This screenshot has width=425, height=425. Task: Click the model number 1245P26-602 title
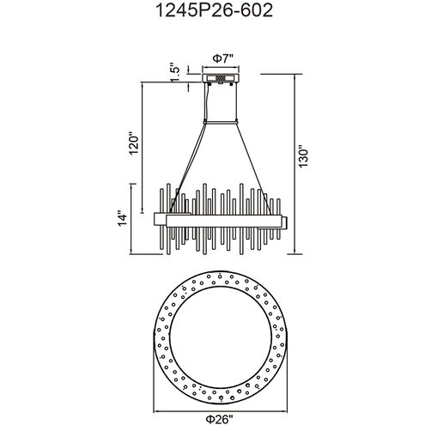214,11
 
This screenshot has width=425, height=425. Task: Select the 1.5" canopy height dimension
175,72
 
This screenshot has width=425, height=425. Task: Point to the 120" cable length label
134,143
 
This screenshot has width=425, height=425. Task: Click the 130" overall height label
303,157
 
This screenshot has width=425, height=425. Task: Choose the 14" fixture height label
123,219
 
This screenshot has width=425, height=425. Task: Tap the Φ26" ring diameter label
220,420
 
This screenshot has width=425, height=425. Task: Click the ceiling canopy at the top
221,78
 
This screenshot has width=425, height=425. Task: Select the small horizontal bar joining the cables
221,123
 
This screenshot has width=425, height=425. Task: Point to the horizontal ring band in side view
224,222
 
